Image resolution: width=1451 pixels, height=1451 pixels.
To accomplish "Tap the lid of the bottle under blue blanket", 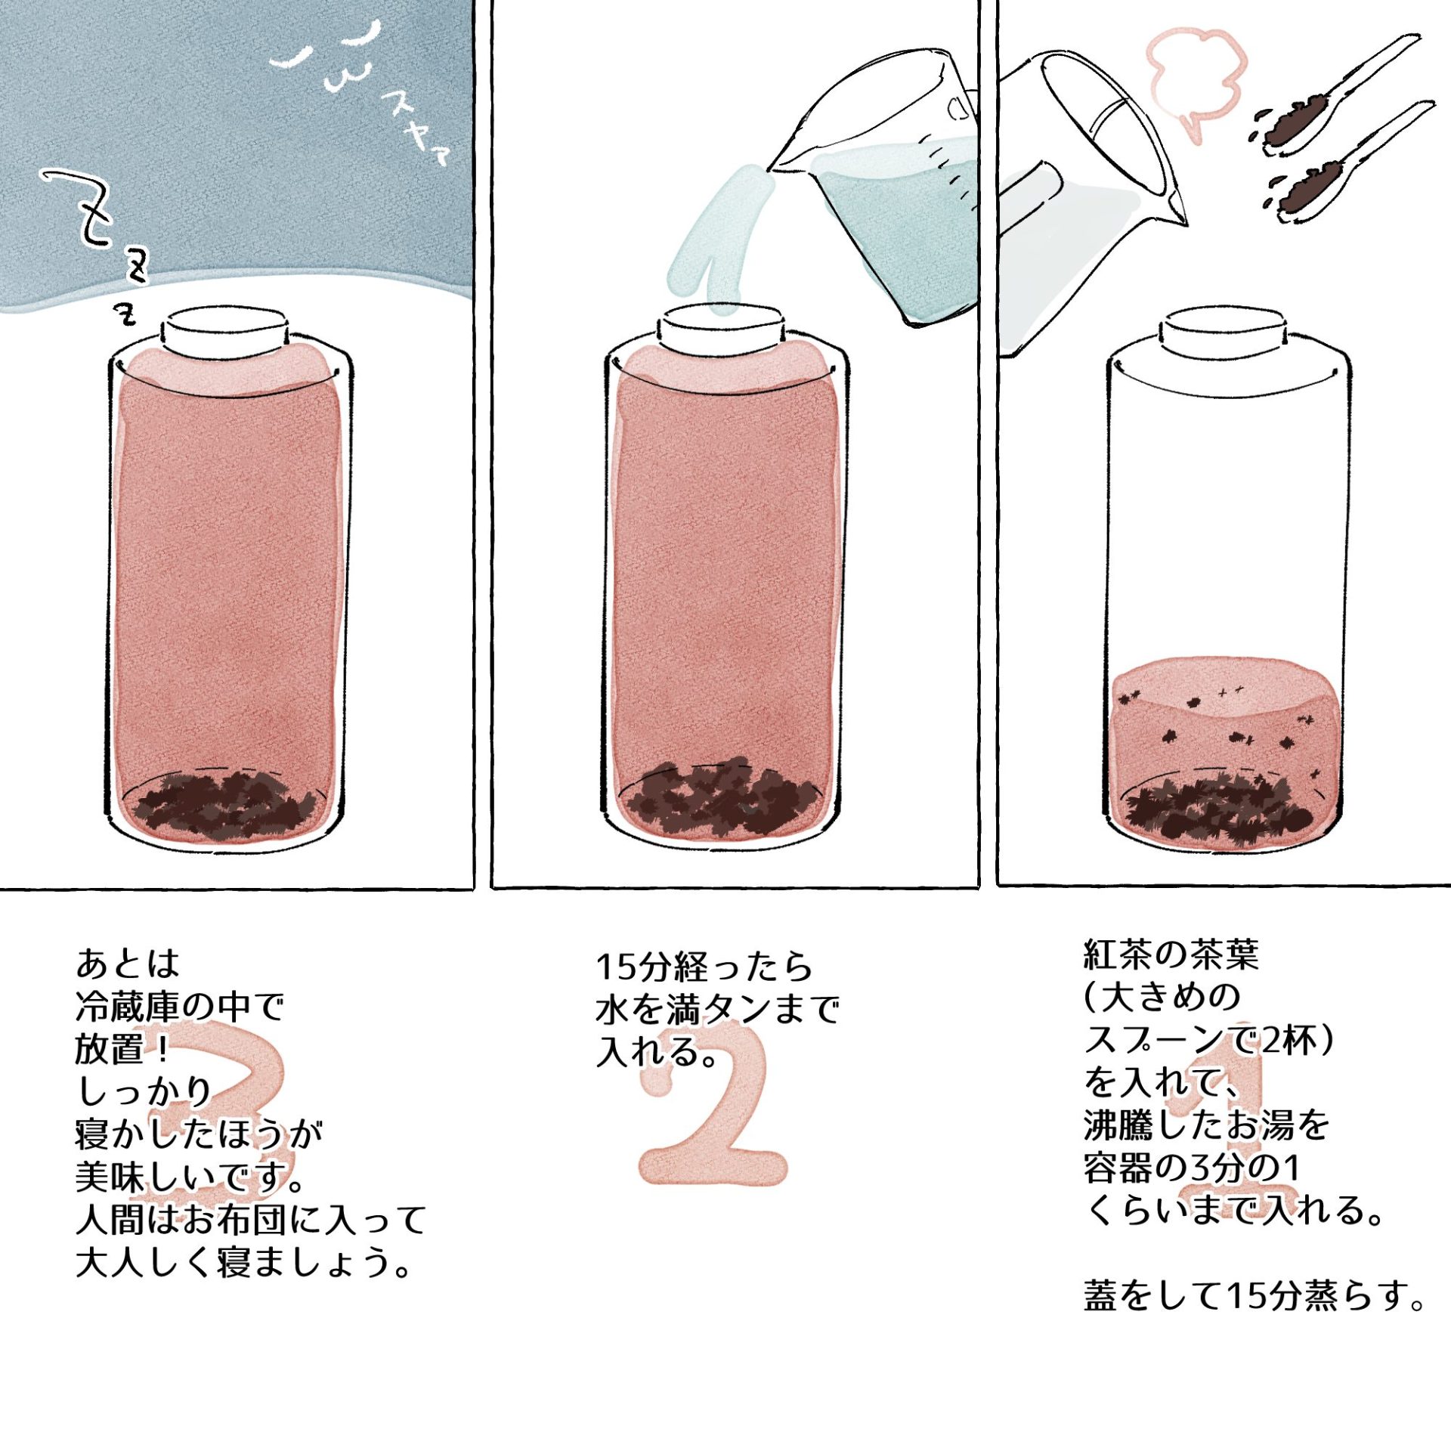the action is point(226,333).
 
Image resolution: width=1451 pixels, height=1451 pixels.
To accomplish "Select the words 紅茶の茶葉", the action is point(1171,955).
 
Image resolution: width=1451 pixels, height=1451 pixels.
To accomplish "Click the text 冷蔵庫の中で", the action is point(179,1006).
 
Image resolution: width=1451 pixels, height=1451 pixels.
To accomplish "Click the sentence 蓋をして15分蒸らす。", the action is point(1255,1295).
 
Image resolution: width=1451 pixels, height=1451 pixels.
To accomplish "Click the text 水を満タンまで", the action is point(717,1010).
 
